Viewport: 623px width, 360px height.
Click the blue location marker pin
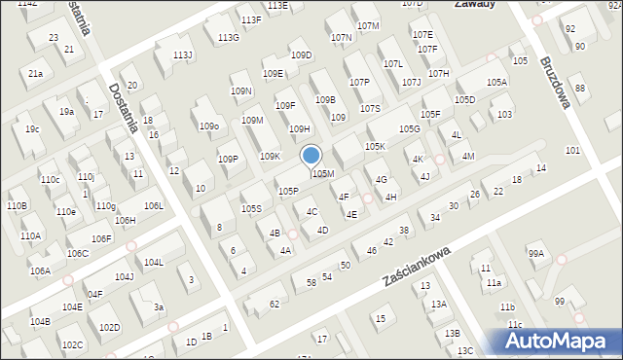pos(311,156)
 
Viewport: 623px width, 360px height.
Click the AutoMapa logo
pos(564,341)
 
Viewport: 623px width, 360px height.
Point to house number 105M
pos(324,174)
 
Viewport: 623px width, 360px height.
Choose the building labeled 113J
pos(183,54)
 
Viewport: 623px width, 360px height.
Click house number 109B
pos(324,100)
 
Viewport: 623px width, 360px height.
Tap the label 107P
pos(359,83)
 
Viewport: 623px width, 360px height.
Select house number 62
pos(275,305)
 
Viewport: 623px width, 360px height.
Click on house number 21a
pos(35,74)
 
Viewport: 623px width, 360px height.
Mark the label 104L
pos(154,263)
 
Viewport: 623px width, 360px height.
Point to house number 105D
pos(464,100)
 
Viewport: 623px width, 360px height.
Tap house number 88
pos(580,90)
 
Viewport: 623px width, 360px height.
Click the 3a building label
pos(159,307)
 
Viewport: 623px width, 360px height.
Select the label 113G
pos(228,38)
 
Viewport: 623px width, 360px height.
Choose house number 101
pos(572,151)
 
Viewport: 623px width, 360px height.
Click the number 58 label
pos(311,283)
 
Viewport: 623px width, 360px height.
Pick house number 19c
pos(33,129)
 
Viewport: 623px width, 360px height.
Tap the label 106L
pos(154,206)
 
